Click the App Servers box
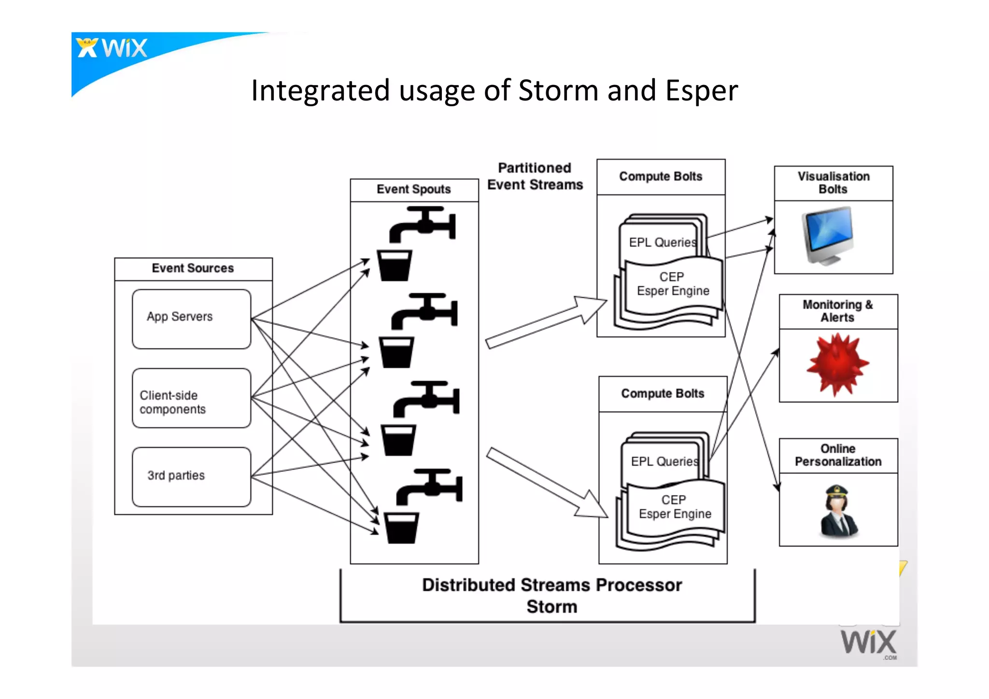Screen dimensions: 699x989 pos(191,319)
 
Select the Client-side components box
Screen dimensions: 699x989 pos(191,398)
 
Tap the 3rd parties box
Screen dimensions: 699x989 pos(191,477)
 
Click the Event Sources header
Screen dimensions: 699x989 pos(193,268)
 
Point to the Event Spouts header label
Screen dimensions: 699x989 pos(414,189)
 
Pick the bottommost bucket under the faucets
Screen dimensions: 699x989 pos(401,528)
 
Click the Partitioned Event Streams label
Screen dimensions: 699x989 pos(535,176)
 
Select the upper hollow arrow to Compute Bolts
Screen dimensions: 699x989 pos(546,322)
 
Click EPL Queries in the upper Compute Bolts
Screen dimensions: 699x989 pos(662,242)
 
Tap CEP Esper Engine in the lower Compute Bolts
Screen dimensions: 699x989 pos(675,507)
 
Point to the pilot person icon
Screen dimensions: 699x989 pos(838,512)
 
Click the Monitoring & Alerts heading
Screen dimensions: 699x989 pos(838,311)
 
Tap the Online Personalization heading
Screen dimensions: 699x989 pos(838,455)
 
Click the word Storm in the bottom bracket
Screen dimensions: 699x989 pos(551,607)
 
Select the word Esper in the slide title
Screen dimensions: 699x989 pos(701,91)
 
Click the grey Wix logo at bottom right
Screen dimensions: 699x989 pos(868,642)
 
